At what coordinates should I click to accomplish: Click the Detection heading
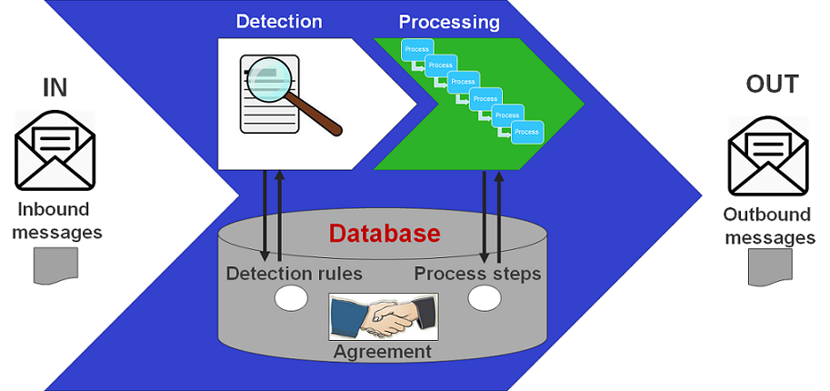[x=278, y=20]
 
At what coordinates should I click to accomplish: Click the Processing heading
[x=448, y=20]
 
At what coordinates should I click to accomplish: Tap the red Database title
[x=385, y=234]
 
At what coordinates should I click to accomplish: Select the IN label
[x=55, y=87]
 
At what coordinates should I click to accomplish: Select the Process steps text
[x=477, y=274]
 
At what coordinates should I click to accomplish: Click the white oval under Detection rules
[x=292, y=297]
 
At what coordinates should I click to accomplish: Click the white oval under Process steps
[x=485, y=297]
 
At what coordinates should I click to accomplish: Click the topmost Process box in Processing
[x=418, y=48]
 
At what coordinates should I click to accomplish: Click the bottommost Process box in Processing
[x=526, y=132]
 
